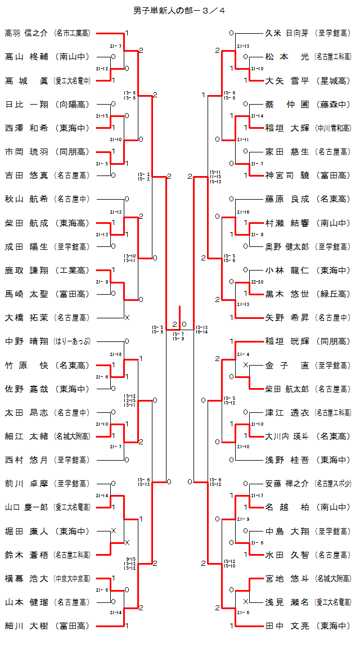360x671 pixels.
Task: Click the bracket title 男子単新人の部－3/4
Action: (179, 10)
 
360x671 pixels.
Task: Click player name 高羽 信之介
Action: (26, 33)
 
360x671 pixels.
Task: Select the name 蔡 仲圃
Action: (287, 104)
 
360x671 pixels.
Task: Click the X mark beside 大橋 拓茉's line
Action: (127, 318)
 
